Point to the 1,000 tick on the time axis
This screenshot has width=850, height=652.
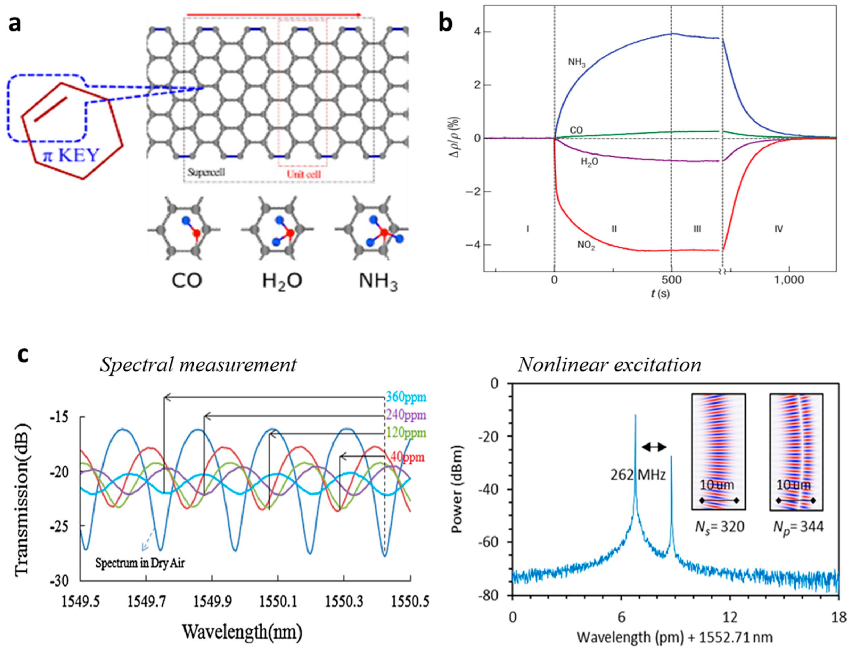click(x=789, y=280)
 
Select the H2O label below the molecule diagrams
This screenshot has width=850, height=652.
click(x=282, y=281)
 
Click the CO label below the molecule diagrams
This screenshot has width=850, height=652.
click(x=187, y=281)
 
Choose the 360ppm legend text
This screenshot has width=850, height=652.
click(x=406, y=397)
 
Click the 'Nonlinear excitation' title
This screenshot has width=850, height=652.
click(x=610, y=365)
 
